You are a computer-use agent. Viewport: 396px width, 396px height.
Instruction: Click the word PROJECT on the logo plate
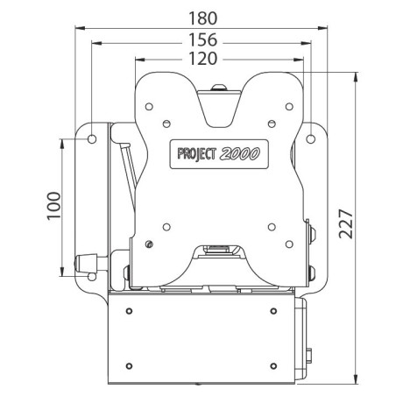coord(201,152)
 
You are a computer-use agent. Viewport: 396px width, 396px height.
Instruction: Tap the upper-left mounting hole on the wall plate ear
coord(91,137)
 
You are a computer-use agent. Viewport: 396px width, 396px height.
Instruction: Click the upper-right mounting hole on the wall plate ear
coord(312,137)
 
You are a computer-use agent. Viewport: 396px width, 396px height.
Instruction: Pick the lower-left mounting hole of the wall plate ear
coord(91,273)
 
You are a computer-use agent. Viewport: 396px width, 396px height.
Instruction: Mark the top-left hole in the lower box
coord(129,312)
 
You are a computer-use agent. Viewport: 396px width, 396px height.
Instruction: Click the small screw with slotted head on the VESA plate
coord(151,244)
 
